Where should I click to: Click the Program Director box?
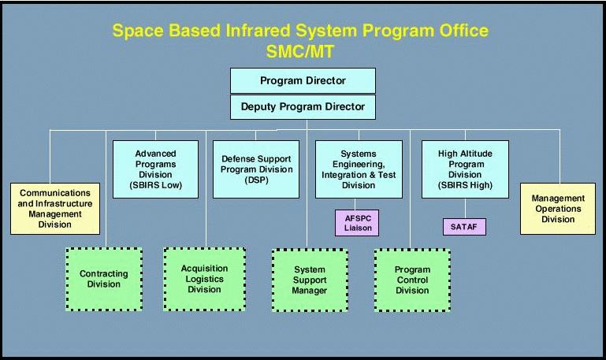coord(303,80)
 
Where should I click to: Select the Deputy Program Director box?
coord(303,106)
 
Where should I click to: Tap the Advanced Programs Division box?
coord(155,169)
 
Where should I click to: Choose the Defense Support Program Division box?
coord(256,169)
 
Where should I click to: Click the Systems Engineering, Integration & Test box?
coord(359,169)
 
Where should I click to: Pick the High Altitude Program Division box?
coord(465,169)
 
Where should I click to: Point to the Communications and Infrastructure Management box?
coord(55,209)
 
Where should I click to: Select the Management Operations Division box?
coord(558,209)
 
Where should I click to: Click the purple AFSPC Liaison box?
coord(357,223)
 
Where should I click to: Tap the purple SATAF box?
coord(464,227)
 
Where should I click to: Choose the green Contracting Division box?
coord(104,279)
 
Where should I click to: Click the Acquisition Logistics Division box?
coord(204,279)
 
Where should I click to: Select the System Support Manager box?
coord(310,280)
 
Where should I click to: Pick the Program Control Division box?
coord(412,280)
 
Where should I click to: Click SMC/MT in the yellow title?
coord(300,51)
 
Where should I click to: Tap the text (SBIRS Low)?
coord(155,185)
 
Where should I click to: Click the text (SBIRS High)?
coord(465,185)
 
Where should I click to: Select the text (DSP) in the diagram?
coord(256,180)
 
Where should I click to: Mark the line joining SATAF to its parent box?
coord(465,209)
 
